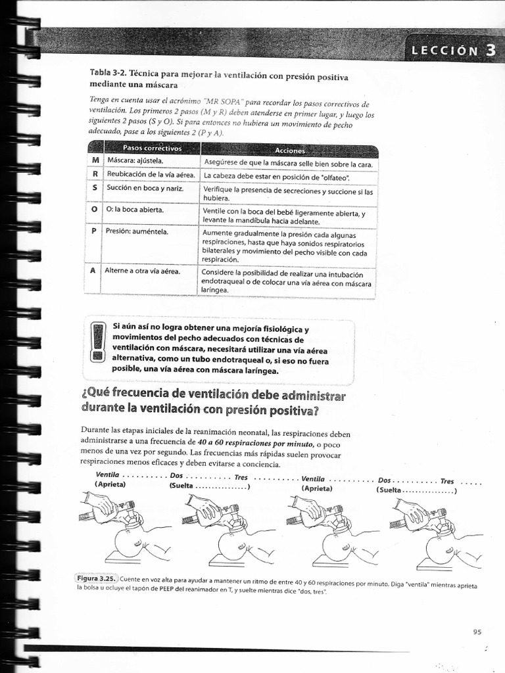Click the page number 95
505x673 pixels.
pyautogui.click(x=477, y=632)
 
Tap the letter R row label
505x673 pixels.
pyautogui.click(x=95, y=174)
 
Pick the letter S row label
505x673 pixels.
pyautogui.click(x=95, y=189)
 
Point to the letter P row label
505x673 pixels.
pyautogui.click(x=95, y=231)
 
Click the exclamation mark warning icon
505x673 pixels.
pyautogui.click(x=97, y=342)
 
